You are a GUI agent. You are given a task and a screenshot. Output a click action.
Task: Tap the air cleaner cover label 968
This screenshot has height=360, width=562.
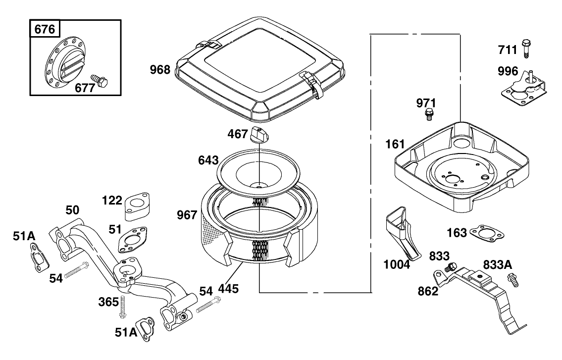160,70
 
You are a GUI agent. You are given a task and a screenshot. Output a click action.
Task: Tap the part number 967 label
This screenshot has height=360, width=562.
187,215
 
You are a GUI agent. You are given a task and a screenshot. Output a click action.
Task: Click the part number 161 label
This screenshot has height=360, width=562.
395,145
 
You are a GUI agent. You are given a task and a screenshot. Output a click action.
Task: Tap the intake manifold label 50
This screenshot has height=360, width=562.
72,209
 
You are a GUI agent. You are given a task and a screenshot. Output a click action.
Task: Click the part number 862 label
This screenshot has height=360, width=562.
428,291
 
